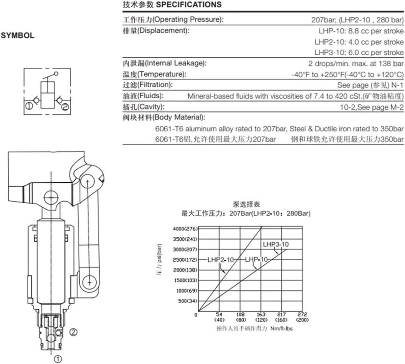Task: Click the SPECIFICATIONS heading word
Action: pos(189,4)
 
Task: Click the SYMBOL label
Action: pos(18,35)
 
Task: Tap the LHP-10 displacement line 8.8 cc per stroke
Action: pos(361,31)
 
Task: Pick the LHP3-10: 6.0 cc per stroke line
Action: pos(359,53)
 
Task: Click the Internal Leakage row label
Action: pos(164,63)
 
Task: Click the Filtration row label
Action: pos(148,85)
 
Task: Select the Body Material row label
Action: pos(164,117)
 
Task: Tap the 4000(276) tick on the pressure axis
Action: pos(185,229)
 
